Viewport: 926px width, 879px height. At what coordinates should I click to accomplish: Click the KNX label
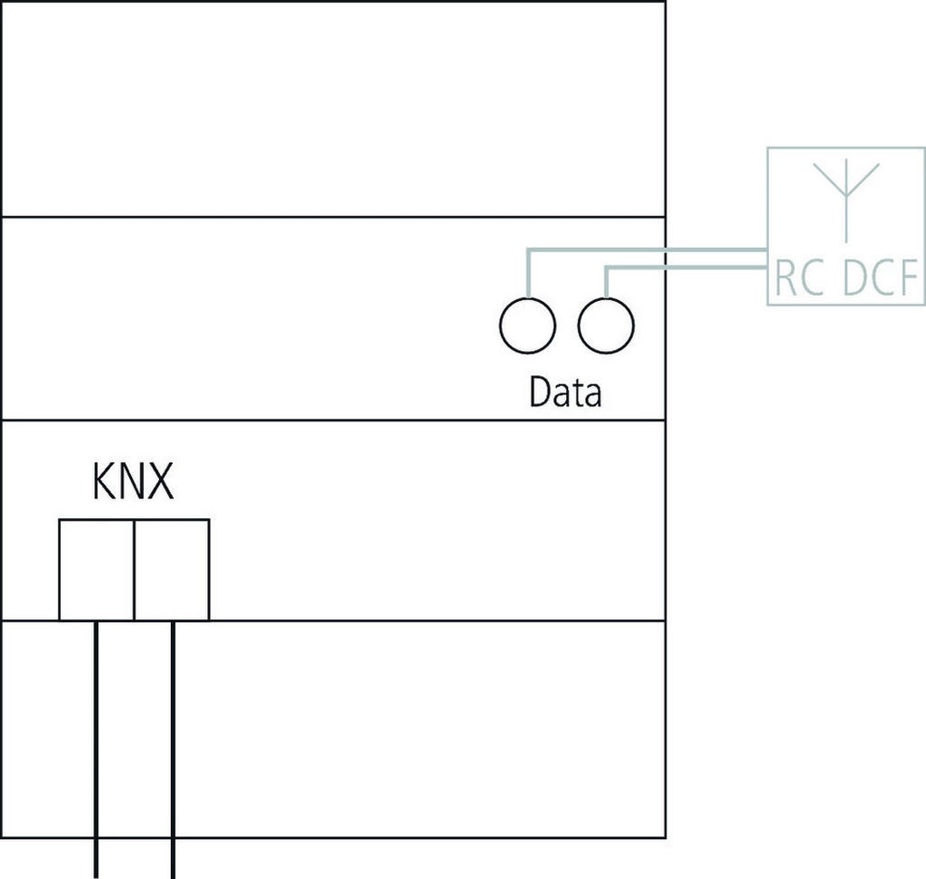point(132,483)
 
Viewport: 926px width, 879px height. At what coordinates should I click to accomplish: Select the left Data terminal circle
point(527,326)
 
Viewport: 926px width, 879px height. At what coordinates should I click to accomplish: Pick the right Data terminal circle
point(606,326)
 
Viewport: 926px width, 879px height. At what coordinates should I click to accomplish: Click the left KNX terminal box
point(97,570)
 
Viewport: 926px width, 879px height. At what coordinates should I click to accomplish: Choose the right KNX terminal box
point(172,570)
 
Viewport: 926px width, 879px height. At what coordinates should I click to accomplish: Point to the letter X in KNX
point(159,483)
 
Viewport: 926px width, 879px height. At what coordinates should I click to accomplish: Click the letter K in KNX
point(102,483)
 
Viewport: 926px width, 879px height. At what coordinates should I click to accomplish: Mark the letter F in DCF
point(910,281)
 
